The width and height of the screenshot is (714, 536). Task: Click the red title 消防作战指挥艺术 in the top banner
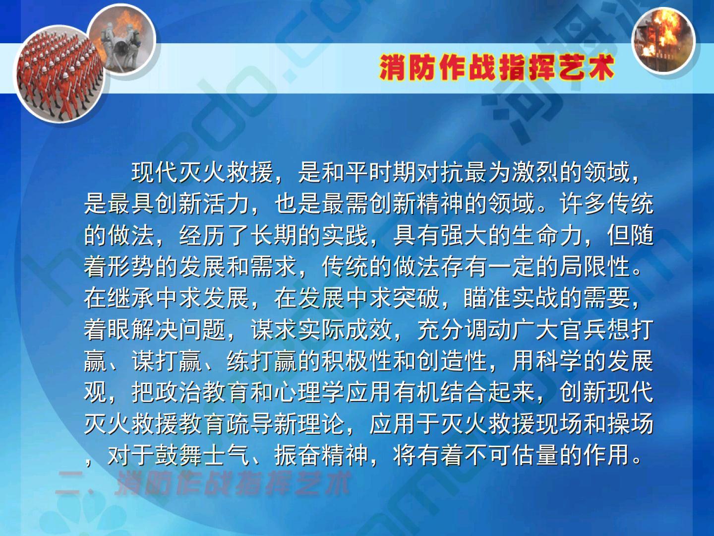point(496,67)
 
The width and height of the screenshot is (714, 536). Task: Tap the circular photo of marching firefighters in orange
point(60,75)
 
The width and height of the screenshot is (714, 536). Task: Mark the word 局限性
point(595,267)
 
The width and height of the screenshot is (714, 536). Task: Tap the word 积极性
point(357,361)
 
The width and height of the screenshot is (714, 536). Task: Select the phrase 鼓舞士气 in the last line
point(202,456)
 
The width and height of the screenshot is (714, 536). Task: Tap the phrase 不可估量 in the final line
point(511,456)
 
